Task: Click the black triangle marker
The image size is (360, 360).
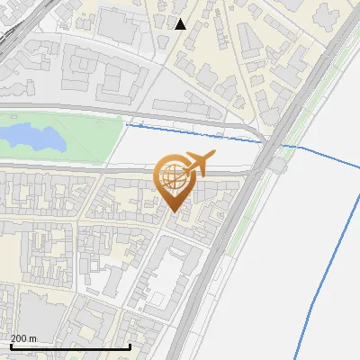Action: [x=181, y=24]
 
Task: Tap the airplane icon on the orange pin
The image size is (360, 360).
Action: [x=197, y=163]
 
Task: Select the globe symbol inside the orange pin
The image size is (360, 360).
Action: [x=174, y=179]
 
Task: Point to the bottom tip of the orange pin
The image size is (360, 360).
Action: [x=175, y=211]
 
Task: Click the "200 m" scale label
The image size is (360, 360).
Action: [x=24, y=338]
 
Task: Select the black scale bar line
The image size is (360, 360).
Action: [x=69, y=346]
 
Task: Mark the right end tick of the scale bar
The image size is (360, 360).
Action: [x=130, y=346]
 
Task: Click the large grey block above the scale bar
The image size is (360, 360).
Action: [x=36, y=310]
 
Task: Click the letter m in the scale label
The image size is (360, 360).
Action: [x=33, y=338]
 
